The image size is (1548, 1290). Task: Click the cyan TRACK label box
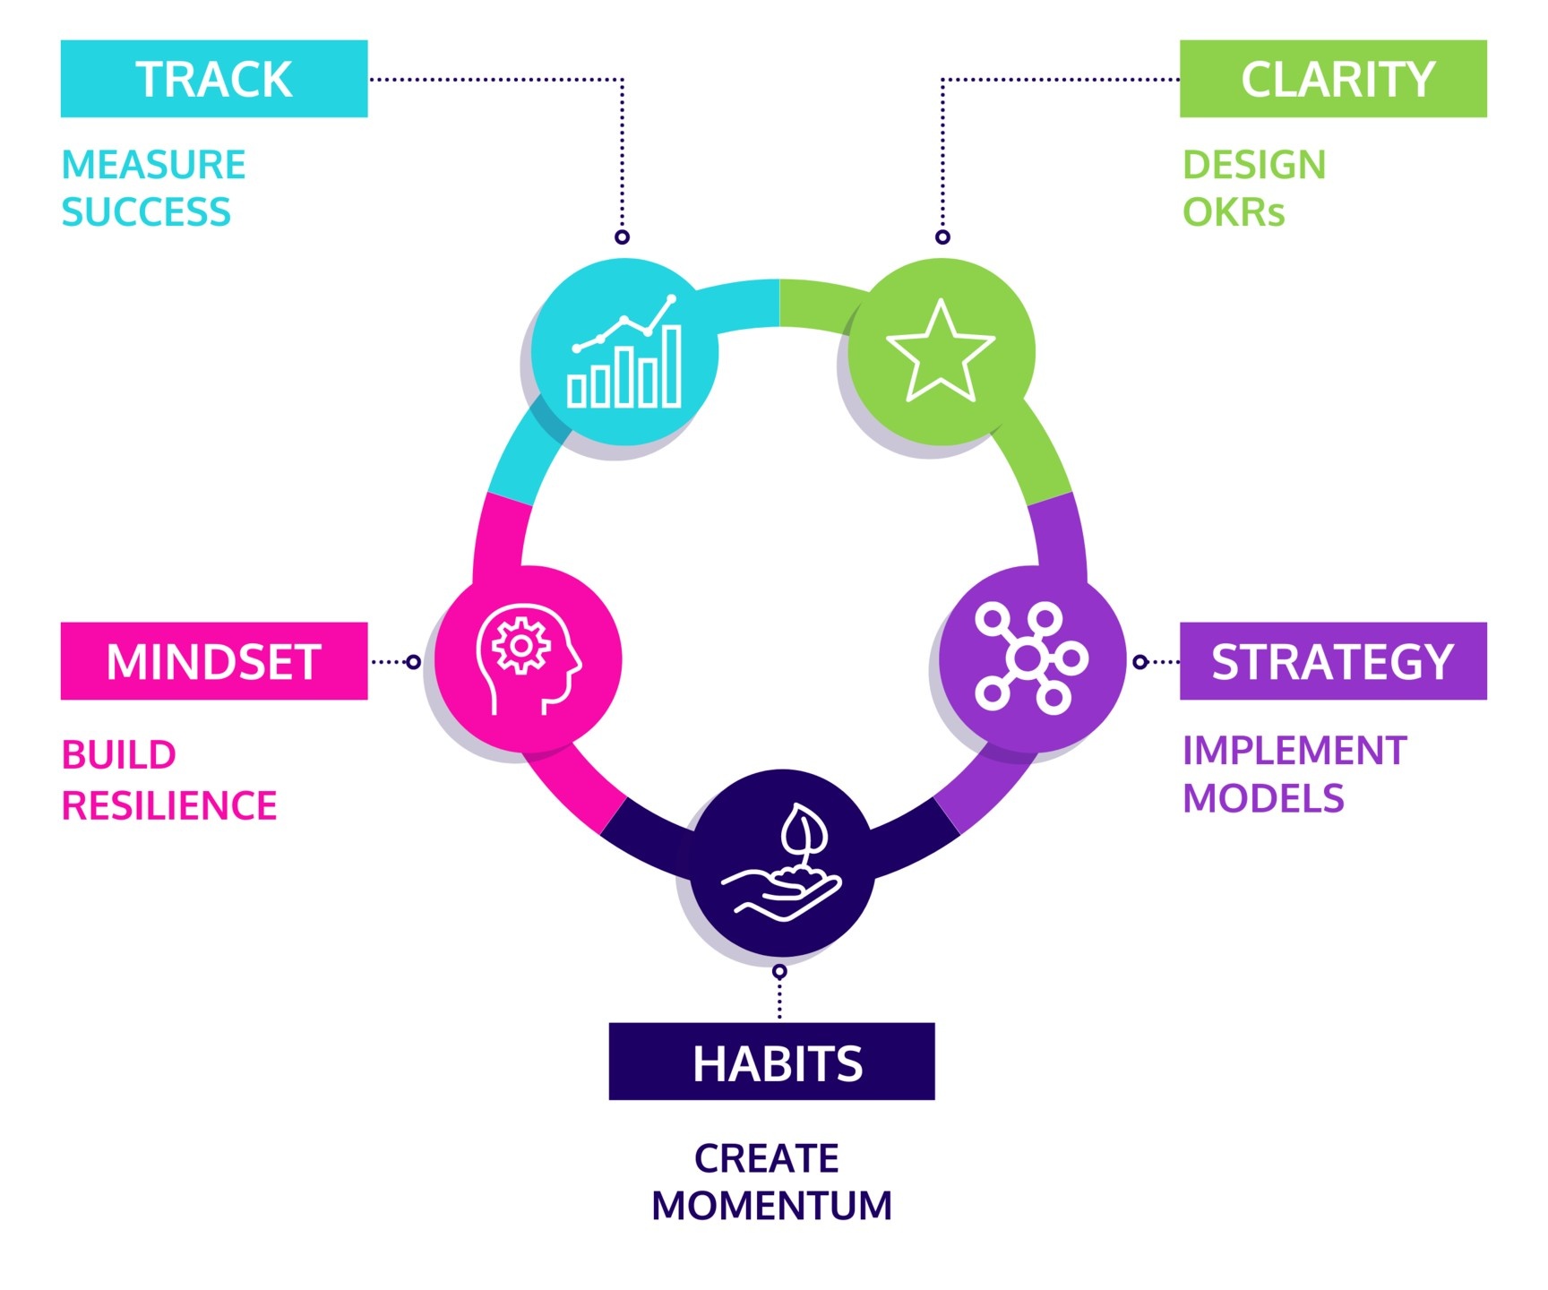[214, 79]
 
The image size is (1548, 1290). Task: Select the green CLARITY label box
[1333, 79]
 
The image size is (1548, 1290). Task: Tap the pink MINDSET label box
[214, 661]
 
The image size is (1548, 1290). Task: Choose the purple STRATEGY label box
[1333, 661]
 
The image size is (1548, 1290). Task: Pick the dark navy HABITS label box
[771, 1062]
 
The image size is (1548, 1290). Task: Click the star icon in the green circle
[941, 350]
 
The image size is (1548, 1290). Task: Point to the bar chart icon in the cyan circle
[625, 351]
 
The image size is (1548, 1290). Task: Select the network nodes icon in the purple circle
[1030, 658]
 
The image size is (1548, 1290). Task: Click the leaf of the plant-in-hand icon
[804, 830]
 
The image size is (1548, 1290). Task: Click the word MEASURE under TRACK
[154, 165]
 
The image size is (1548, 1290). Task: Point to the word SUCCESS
[146, 212]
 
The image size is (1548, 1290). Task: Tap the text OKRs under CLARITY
[1234, 212]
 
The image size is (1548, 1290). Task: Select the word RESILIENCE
[169, 805]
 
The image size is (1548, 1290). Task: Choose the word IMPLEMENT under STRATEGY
[1294, 751]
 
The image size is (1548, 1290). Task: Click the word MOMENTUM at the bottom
[772, 1206]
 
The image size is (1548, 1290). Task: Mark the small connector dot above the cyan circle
[623, 237]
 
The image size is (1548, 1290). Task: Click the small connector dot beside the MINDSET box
[413, 662]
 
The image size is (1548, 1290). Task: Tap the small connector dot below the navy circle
[779, 972]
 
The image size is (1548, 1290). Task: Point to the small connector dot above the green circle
[942, 237]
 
